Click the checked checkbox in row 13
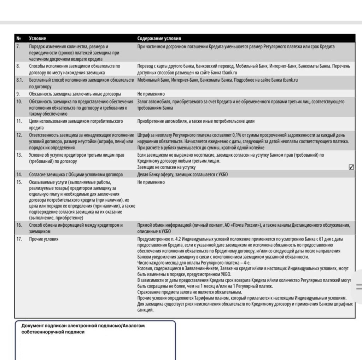pyautogui.click(x=351, y=167)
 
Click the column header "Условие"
pyautogui.click(x=37, y=38)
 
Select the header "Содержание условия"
pyautogui.click(x=159, y=38)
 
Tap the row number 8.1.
pyautogui.click(x=20, y=80)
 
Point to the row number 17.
pyautogui.click(x=19, y=239)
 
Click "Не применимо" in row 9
pyautogui.click(x=151, y=94)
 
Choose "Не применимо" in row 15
pyautogui.click(x=151, y=182)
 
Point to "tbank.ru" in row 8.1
pyautogui.click(x=290, y=80)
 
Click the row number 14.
pyautogui.click(x=19, y=175)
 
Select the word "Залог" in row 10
pyautogui.click(x=144, y=102)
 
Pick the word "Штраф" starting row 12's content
pyautogui.click(x=144, y=135)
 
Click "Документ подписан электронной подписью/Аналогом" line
pyautogui.click(x=83, y=326)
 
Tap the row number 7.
pyautogui.click(x=18, y=46)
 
